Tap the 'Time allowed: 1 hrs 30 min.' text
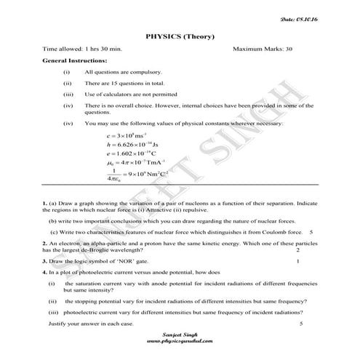(x=79, y=49)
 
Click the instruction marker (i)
(x=66, y=73)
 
